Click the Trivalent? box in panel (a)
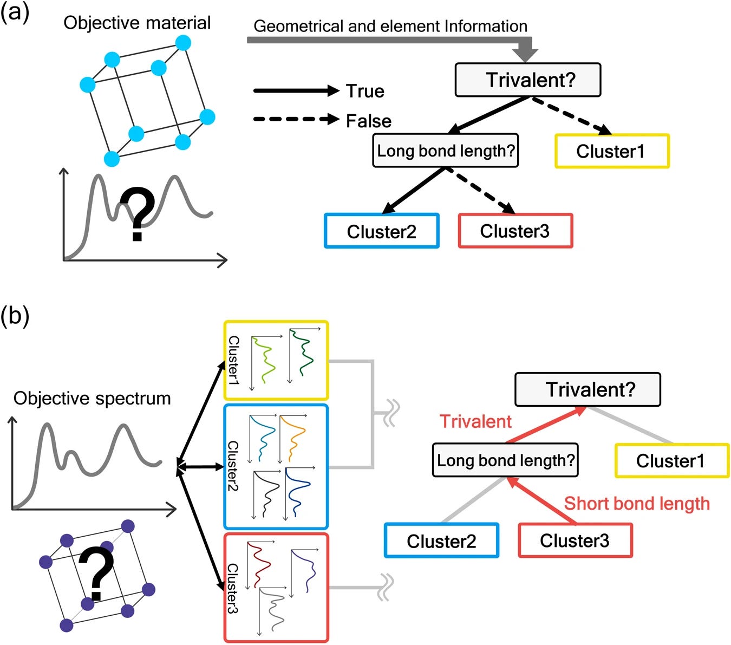click(527, 80)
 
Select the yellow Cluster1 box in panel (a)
click(612, 151)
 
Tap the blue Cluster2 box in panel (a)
click(382, 231)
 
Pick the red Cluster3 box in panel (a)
click(515, 231)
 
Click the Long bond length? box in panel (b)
click(505, 460)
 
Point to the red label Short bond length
click(637, 503)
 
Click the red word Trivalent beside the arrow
click(475, 421)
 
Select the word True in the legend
click(365, 91)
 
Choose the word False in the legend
click(368, 121)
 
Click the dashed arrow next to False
click(295, 119)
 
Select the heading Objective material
click(137, 23)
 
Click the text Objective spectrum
click(92, 398)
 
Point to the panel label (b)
click(15, 315)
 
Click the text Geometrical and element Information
click(390, 26)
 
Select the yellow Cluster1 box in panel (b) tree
click(671, 461)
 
